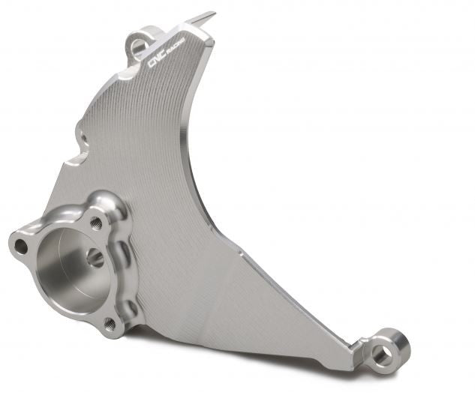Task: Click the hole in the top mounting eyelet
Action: [139, 47]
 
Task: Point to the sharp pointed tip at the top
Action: [212, 13]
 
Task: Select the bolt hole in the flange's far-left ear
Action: [20, 245]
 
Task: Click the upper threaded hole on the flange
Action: [96, 223]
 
